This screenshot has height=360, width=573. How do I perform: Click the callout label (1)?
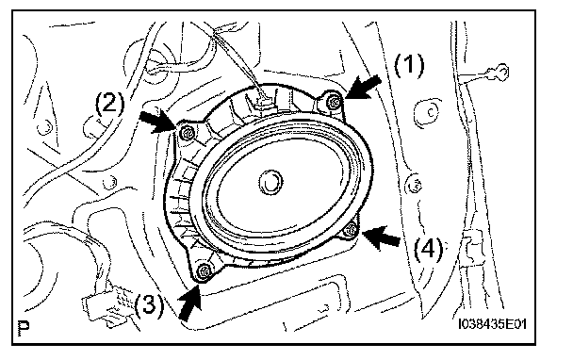[409, 66]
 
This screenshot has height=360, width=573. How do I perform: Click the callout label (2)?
[110, 105]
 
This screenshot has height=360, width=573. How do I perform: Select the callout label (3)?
[149, 304]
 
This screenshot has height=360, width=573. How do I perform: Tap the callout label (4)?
[428, 250]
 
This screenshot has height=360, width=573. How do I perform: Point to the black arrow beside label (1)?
[363, 88]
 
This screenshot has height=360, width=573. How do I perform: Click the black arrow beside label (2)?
[157, 122]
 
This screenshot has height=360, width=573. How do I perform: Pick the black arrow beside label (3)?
[190, 302]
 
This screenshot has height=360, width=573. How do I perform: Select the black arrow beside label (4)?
[381, 237]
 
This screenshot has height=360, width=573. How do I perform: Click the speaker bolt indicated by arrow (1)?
[333, 103]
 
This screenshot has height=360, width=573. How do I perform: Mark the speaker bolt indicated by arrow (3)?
[204, 272]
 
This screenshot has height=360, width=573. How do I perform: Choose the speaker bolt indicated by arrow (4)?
[350, 230]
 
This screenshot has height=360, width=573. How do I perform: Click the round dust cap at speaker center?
[270, 183]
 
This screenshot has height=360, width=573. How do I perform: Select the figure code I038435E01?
[492, 324]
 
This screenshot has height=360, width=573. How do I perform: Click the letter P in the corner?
[24, 328]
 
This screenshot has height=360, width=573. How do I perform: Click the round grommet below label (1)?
[426, 112]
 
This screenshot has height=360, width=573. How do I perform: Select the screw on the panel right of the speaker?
[415, 185]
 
